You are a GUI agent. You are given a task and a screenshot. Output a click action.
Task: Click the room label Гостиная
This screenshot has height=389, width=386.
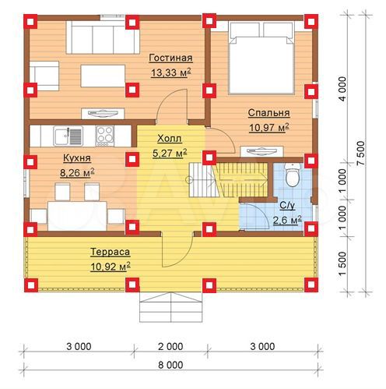click(170, 58)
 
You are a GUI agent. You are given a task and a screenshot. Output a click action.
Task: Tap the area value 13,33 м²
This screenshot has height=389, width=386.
click(171, 72)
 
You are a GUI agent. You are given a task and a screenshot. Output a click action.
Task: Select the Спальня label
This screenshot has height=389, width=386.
click(268, 113)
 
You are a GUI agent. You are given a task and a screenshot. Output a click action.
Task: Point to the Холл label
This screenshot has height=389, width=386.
click(170, 139)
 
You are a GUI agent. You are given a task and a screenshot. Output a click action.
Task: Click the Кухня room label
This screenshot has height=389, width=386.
click(77, 158)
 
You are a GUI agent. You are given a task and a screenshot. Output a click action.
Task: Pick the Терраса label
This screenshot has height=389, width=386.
click(111, 252)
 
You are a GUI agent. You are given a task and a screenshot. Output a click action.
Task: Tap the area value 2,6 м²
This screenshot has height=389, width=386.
click(287, 220)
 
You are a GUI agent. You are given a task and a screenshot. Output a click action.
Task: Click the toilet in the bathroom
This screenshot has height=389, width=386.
click(293, 175)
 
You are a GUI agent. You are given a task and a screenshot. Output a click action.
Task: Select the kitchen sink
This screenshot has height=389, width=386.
click(68, 136)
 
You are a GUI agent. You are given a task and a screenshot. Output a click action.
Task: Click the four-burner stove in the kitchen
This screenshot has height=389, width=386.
click(105, 136)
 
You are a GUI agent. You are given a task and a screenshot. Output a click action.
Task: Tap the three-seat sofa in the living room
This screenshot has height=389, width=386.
click(103, 37)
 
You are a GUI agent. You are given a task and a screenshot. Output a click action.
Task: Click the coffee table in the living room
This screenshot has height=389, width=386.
click(103, 76)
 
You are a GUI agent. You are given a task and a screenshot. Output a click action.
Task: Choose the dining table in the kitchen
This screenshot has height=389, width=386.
click(77, 216)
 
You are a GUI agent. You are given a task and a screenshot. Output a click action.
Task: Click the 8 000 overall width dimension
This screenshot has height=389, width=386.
click(170, 365)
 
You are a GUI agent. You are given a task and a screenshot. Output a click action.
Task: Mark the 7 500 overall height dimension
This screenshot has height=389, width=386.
click(361, 153)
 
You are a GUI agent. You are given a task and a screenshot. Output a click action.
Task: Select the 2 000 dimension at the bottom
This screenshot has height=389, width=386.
click(170, 346)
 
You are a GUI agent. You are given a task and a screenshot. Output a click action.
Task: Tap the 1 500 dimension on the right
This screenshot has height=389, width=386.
click(342, 263)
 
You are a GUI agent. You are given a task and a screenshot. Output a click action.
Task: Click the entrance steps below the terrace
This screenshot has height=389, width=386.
click(170, 307)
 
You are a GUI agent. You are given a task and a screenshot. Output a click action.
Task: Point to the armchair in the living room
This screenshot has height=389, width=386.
click(44, 76)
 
